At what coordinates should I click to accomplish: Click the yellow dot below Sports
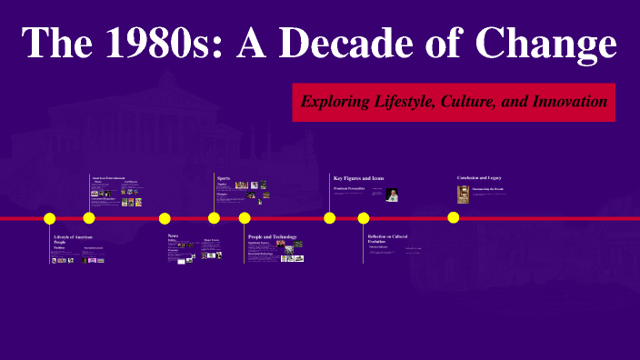point(214,218)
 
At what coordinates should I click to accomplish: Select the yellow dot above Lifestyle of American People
point(50,218)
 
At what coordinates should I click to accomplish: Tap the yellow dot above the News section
point(165,218)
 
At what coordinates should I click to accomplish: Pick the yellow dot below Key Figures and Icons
point(329,218)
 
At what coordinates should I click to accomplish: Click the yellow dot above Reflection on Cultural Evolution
point(364,218)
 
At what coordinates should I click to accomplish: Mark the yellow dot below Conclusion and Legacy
point(453,217)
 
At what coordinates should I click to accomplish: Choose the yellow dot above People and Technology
point(245,218)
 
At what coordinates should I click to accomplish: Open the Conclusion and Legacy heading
point(479,177)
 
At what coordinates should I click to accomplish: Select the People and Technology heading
point(272,236)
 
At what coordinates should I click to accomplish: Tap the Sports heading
point(224,177)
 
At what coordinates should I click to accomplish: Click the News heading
point(173,236)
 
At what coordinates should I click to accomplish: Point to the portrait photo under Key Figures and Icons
point(392,194)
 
